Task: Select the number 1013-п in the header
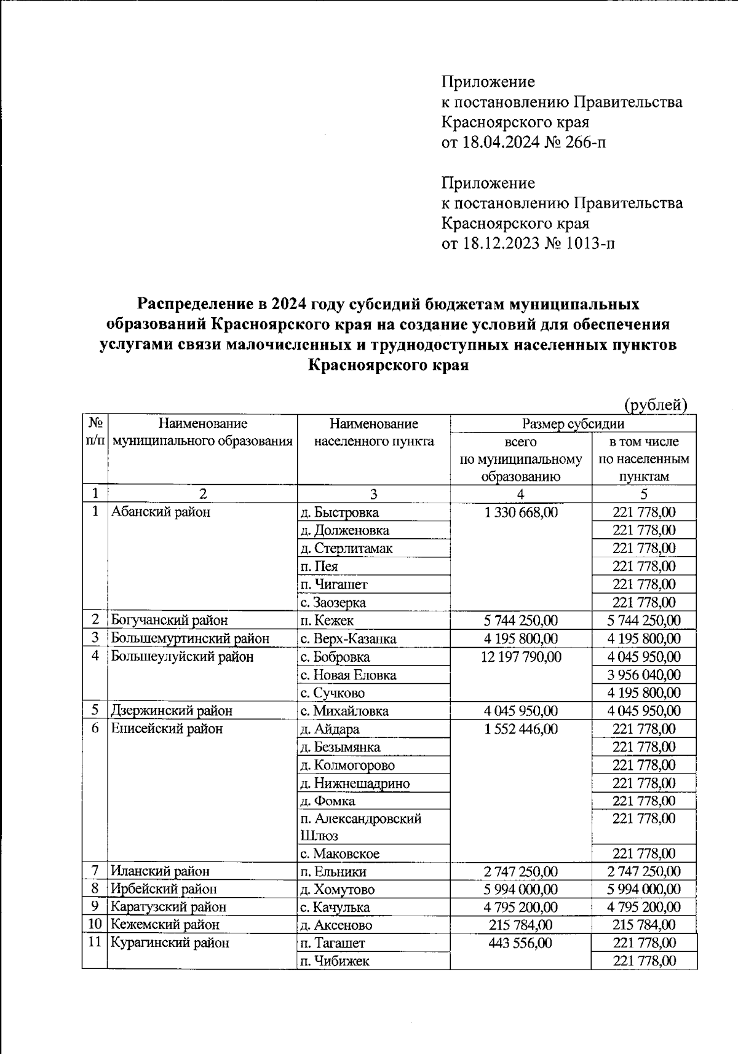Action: pos(591,243)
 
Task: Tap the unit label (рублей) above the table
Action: pos(656,405)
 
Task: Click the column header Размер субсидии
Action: pos(573,423)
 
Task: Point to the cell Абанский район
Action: pos(161,512)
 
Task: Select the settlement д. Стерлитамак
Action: pos(346,548)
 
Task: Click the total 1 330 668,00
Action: pos(521,512)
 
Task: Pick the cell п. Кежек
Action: pos(327,621)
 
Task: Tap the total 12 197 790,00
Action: pos(521,657)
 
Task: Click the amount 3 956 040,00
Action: pos(644,675)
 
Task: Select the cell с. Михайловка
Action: pos(344,711)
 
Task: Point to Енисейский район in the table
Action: pos(166,729)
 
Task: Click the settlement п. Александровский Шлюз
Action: pos(360,826)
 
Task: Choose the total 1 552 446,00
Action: pos(521,729)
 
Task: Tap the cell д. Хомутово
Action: pos(337,889)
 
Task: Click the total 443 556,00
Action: pos(521,943)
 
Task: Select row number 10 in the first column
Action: pos(95,925)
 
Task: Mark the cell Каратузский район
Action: pos(168,907)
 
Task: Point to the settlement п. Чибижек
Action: pos(335,961)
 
